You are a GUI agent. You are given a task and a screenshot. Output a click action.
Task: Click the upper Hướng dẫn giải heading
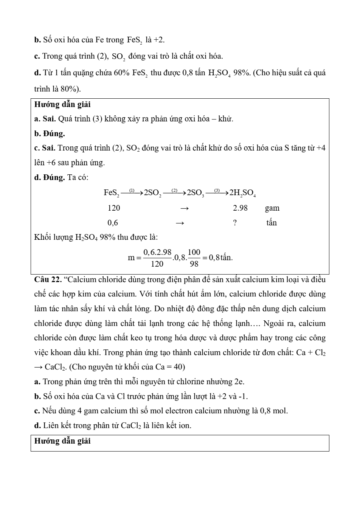click(62, 104)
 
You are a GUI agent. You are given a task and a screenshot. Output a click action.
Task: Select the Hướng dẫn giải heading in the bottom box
click(62, 441)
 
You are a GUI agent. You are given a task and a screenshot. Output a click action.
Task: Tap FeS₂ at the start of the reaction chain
click(112, 193)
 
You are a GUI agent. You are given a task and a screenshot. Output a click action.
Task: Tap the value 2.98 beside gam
click(240, 208)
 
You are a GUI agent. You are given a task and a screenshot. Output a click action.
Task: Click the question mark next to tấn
click(235, 223)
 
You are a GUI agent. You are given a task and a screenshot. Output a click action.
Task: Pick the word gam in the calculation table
click(272, 208)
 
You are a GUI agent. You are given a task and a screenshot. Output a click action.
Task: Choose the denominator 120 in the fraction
click(157, 264)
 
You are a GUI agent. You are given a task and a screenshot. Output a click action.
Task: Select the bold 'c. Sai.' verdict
click(45, 148)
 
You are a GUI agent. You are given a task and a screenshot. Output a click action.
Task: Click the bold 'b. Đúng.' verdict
click(50, 133)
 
